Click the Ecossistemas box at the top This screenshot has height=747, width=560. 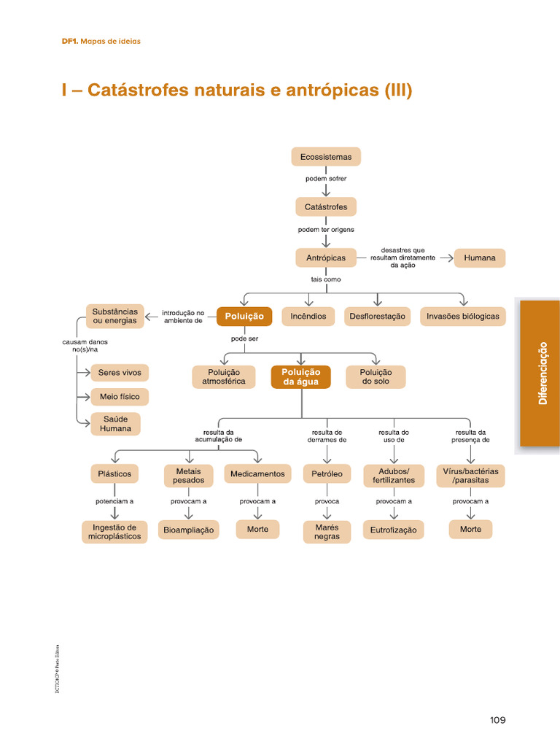326,157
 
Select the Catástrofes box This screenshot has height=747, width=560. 326,207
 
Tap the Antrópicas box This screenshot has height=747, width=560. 326,258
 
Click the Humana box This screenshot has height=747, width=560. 479,258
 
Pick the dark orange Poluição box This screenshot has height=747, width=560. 244,316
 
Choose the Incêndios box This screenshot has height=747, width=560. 308,317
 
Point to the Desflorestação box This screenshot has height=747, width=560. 377,317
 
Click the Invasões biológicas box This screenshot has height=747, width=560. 463,317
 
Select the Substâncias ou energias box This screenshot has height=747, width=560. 114,317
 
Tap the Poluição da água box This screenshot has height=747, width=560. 301,377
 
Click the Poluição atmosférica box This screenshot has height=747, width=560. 224,377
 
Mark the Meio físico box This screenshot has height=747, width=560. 120,397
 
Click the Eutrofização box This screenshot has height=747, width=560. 393,530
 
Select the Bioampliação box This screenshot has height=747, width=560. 189,530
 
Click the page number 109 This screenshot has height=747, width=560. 497,720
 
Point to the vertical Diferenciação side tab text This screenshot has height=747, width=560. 541,373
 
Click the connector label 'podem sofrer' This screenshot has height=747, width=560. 326,179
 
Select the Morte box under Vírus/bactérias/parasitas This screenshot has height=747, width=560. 470,529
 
